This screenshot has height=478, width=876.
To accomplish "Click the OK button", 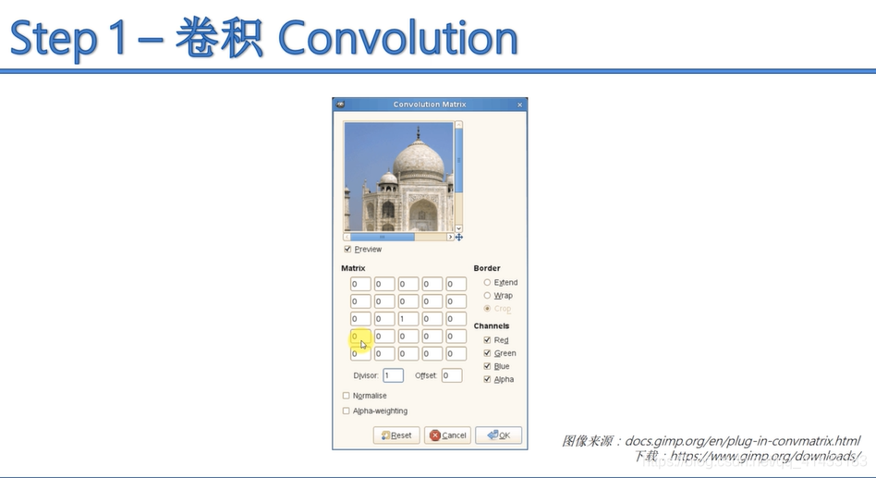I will (498, 435).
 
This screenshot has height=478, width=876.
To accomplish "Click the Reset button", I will (396, 435).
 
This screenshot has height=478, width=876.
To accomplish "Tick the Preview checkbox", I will (347, 249).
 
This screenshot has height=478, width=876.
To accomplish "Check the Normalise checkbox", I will (347, 396).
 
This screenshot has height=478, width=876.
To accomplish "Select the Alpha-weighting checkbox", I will (347, 411).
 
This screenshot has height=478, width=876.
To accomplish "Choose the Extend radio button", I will (488, 282).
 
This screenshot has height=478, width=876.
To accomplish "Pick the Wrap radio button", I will (488, 295).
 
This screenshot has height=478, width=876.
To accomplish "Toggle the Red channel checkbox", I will (488, 340).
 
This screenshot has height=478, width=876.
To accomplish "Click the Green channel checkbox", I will (488, 353).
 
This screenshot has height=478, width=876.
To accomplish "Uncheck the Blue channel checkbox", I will (488, 366).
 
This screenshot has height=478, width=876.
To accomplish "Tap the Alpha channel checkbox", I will (488, 379).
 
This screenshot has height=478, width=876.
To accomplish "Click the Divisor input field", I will (393, 375).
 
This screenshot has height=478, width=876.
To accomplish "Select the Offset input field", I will (451, 375).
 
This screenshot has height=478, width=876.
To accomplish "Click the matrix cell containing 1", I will (408, 319).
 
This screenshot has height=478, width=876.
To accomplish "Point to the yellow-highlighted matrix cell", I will (359, 337).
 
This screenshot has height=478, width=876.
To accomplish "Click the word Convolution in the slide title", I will (397, 39).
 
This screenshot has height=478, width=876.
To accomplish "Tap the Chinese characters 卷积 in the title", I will (219, 39).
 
